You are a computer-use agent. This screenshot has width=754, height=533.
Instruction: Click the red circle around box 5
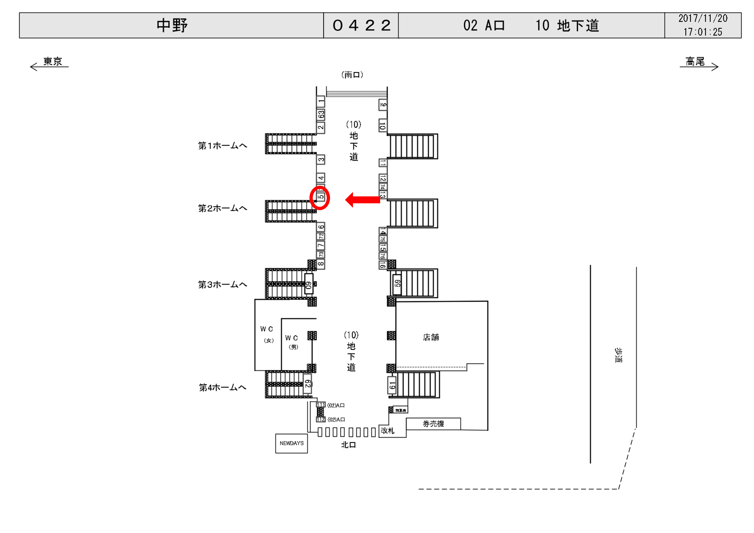[x=320, y=198]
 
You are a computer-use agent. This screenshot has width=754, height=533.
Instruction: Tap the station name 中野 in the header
[x=172, y=25]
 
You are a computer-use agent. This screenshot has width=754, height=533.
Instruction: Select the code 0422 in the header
[x=361, y=25]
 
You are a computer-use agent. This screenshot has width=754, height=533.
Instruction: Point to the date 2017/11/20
[x=703, y=18]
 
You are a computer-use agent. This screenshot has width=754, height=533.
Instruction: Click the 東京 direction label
[x=52, y=61]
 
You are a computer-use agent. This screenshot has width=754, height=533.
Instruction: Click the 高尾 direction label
[x=695, y=61]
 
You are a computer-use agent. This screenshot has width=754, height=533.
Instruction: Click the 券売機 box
[x=433, y=424]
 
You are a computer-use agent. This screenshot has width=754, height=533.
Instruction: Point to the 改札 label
[x=388, y=430]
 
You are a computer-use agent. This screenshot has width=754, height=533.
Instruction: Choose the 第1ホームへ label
[x=222, y=145]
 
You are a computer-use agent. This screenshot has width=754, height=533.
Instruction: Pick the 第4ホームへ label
[x=222, y=387]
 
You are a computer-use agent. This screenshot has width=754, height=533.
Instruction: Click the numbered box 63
[x=321, y=114]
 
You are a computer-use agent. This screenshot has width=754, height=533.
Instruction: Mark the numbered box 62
[x=307, y=383]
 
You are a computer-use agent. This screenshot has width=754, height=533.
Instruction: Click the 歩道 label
[x=618, y=355]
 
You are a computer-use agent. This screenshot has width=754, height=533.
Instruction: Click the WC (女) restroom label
[x=267, y=334]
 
